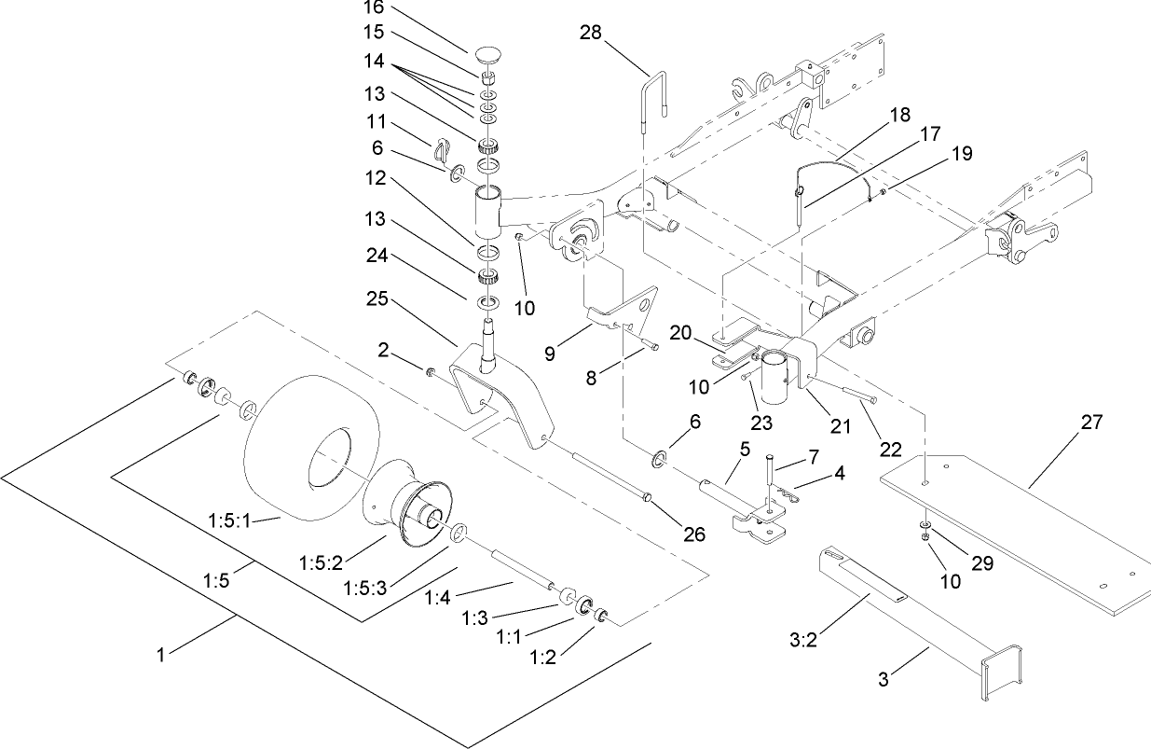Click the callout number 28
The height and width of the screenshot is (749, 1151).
pos(590,33)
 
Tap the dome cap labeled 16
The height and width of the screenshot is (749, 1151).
pos(490,53)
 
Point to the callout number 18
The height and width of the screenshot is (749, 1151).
pos(899,114)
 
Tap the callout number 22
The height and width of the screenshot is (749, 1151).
pos(890,449)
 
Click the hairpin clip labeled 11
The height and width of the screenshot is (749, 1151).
pos(443,149)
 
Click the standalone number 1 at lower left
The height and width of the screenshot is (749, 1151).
pos(160,656)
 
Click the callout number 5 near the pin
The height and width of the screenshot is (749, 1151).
pos(744,450)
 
